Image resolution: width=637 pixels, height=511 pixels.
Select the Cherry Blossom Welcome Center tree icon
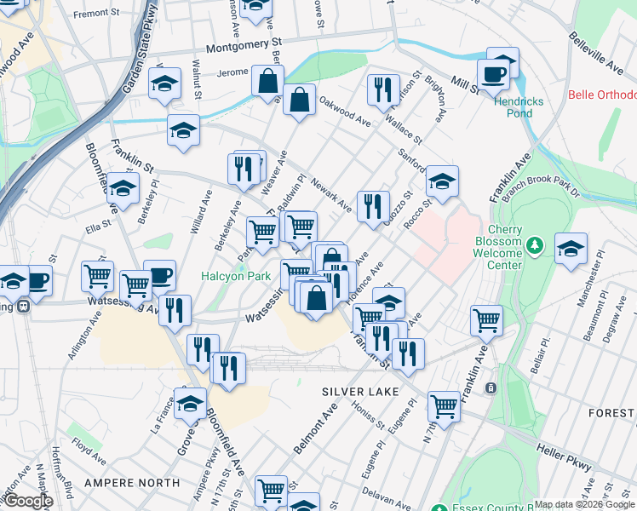pos(534,246)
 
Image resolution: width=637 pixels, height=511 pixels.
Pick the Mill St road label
pos(466,85)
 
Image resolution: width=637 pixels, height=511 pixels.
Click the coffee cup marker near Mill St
pos(493,74)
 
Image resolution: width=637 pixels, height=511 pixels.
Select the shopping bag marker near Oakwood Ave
pos(299,100)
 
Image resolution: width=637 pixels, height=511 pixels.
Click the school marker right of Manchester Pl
pos(571,248)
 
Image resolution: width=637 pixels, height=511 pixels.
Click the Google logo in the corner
pos(27,501)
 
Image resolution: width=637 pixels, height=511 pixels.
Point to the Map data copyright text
pos(584,504)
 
